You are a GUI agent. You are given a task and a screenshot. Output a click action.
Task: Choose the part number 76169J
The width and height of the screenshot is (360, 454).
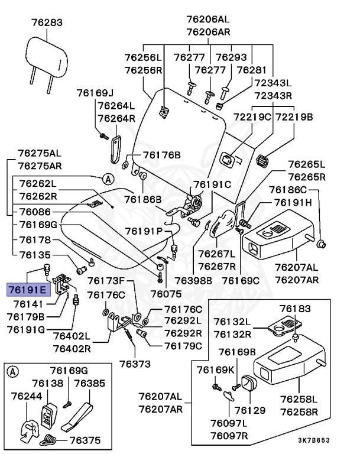95,93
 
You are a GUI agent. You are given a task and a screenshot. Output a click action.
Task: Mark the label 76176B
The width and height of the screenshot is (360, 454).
161,155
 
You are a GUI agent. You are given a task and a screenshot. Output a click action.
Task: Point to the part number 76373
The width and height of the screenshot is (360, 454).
135,363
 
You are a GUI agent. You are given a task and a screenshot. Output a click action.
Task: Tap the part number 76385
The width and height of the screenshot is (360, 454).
89,384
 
